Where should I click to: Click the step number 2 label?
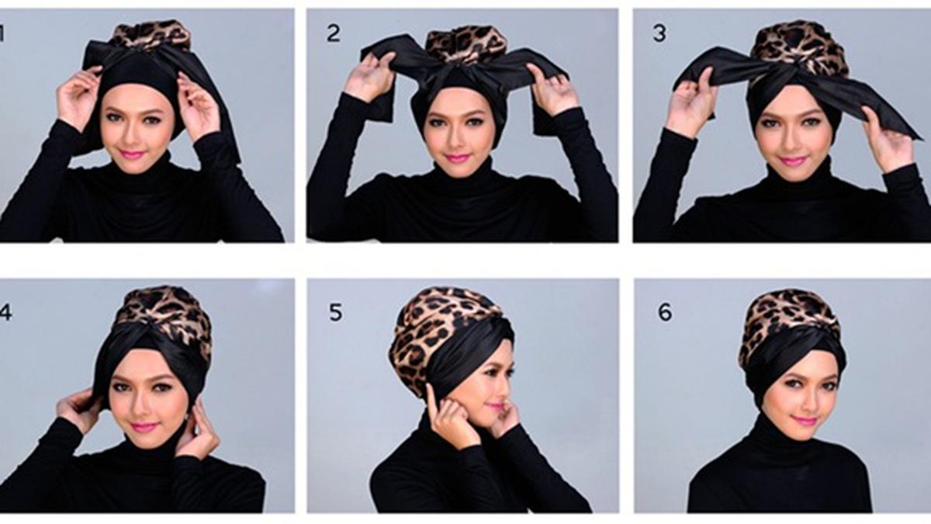coord(333,33)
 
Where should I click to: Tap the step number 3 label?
coord(659,34)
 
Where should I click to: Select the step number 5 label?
coord(335,312)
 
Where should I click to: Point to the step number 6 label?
coord(665,312)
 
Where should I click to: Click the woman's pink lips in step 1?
coord(132,154)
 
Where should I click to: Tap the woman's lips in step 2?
coord(457,158)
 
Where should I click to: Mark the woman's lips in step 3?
coord(792,161)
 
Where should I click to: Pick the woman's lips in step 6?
coord(804,421)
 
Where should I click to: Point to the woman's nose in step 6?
coord(804,401)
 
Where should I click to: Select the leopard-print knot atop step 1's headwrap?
coord(150,36)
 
